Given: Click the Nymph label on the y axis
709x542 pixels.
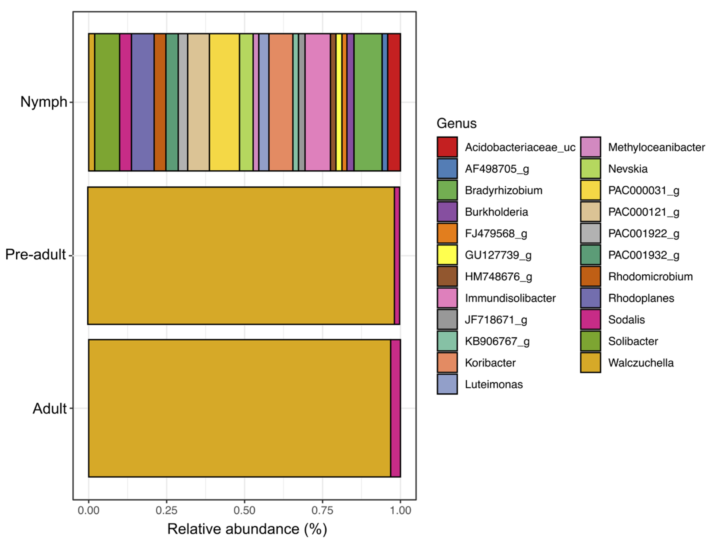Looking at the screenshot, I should pyautogui.click(x=44, y=102).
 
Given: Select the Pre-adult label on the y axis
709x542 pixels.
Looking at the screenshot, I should pyautogui.click(x=36, y=255).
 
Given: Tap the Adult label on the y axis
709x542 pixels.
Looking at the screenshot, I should pyautogui.click(x=49, y=409).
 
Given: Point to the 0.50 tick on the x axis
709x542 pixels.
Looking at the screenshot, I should pyautogui.click(x=244, y=511).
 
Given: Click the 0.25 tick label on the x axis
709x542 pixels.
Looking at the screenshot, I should pyautogui.click(x=166, y=511).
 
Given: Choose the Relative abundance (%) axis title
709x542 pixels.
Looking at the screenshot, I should pyautogui.click(x=247, y=529).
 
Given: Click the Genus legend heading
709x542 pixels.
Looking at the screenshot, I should pyautogui.click(x=456, y=124).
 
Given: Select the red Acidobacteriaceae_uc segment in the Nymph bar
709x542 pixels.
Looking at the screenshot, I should pyautogui.click(x=394, y=102).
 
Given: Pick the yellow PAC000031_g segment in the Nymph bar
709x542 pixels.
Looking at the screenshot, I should pyautogui.click(x=224, y=102).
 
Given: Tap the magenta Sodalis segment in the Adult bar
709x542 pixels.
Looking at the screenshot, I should pyautogui.click(x=396, y=408).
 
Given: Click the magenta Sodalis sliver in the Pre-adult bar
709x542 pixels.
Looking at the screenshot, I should pyautogui.click(x=397, y=256).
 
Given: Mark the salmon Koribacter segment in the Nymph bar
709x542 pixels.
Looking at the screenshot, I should pyautogui.click(x=281, y=102).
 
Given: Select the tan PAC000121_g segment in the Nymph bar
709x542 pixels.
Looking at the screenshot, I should pyautogui.click(x=199, y=102).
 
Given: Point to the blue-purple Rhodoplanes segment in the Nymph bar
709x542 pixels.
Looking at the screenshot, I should pyautogui.click(x=143, y=102).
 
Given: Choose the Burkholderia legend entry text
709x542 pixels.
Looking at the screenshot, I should pyautogui.click(x=496, y=212).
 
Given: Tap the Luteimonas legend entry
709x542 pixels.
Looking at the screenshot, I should pyautogui.click(x=494, y=385).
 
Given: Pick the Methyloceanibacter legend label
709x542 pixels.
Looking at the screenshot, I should pyautogui.click(x=656, y=147).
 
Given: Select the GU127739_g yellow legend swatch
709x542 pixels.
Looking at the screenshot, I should pyautogui.click(x=447, y=255).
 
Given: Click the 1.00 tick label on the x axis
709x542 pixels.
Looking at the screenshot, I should pyautogui.click(x=400, y=511).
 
